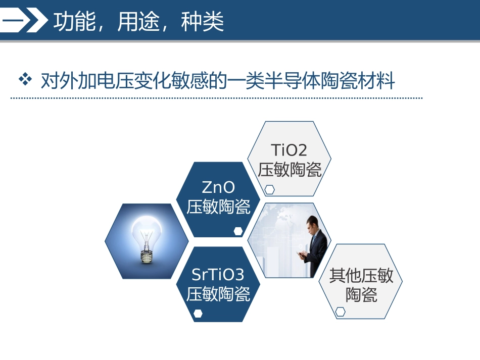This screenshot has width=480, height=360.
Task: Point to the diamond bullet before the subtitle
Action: pyautogui.click(x=25, y=79)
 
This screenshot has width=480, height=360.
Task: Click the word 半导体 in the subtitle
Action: pyautogui.click(x=299, y=80)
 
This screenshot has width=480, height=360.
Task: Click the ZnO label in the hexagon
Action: pyautogui.click(x=218, y=188)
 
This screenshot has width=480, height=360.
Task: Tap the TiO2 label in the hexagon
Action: pyautogui.click(x=289, y=150)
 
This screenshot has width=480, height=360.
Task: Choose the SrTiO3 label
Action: pyautogui.click(x=218, y=275)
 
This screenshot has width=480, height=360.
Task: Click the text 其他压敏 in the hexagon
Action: pyautogui.click(x=361, y=276)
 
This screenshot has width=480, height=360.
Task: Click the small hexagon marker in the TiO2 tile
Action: pyautogui.click(x=270, y=189)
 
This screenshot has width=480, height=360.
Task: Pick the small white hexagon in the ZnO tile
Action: pyautogui.click(x=238, y=231)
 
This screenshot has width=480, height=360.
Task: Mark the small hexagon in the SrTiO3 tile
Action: pyautogui.click(x=198, y=314)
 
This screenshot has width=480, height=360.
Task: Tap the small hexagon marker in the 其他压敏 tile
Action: pyautogui.click(x=341, y=312)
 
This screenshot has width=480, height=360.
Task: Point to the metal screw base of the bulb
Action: pyautogui.click(x=147, y=256)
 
